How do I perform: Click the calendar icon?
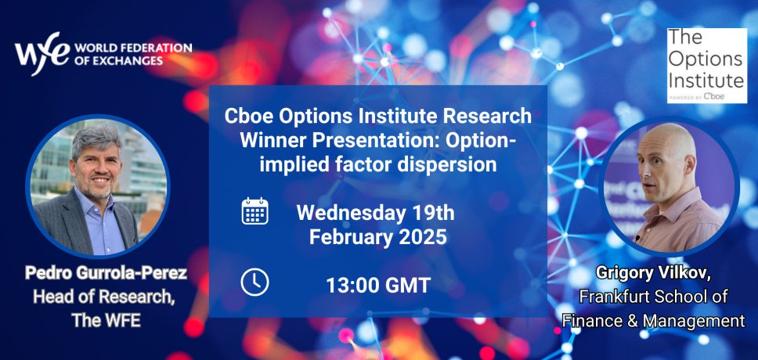pyautogui.click(x=254, y=211)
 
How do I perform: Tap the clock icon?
pyautogui.click(x=254, y=283)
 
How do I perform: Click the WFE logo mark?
pyautogui.click(x=42, y=53)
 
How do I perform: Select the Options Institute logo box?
pyautogui.click(x=707, y=65)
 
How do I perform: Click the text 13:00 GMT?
pyautogui.click(x=378, y=286)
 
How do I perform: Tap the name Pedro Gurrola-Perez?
pyautogui.click(x=106, y=273)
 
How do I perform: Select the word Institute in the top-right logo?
pyautogui.click(x=706, y=79)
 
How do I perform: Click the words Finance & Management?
pyautogui.click(x=653, y=320)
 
